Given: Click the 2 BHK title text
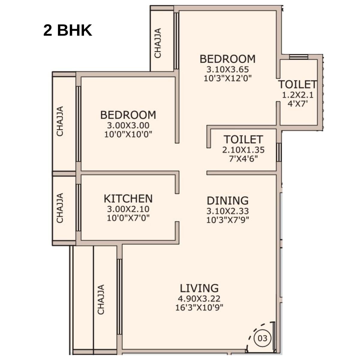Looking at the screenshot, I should (x=67, y=30).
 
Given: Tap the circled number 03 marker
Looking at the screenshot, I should (x=262, y=338).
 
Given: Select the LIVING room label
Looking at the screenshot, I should (x=199, y=288).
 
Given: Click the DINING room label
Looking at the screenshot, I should (x=228, y=200).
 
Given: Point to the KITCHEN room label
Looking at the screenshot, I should (x=128, y=199).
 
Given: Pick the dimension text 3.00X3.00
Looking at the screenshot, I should (x=128, y=125).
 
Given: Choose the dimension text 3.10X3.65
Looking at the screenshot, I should (x=227, y=70).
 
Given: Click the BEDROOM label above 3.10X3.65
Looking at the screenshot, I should (x=227, y=59).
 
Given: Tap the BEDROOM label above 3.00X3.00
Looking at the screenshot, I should (x=128, y=115).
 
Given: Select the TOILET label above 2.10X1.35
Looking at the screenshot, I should (x=243, y=139).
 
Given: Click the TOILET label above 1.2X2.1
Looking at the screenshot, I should (x=297, y=84).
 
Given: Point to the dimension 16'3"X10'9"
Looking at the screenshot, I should (x=199, y=308).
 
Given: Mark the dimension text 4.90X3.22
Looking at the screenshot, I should (x=199, y=299).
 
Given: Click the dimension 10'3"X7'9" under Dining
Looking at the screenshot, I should (x=228, y=220).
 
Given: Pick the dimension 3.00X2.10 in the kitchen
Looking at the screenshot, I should (x=128, y=209).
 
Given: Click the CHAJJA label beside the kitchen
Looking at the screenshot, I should (x=60, y=208).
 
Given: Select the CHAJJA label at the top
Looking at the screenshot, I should (x=158, y=43).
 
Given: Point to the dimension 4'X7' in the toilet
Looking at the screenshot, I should (x=298, y=104).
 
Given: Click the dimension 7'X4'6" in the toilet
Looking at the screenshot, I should (x=243, y=158).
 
